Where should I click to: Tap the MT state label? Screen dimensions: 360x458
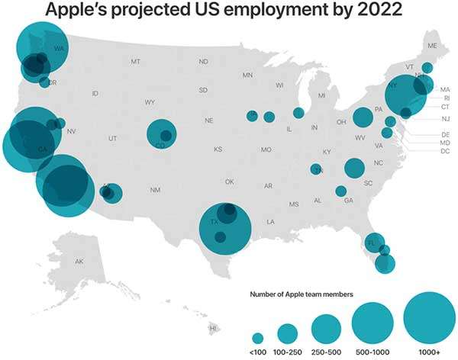(135, 61)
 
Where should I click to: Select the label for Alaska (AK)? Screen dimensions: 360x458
(79, 262)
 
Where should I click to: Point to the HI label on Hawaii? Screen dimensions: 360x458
(213, 329)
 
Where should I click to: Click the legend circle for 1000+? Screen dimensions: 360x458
(429, 317)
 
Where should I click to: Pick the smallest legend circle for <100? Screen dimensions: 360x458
(258, 338)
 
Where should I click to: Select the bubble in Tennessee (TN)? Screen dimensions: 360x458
(317, 170)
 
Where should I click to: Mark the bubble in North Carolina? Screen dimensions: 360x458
(354, 168)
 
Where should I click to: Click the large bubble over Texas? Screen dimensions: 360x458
(225, 227)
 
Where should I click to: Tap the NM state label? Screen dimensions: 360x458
(154, 190)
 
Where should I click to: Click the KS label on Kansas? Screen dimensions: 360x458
(218, 149)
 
